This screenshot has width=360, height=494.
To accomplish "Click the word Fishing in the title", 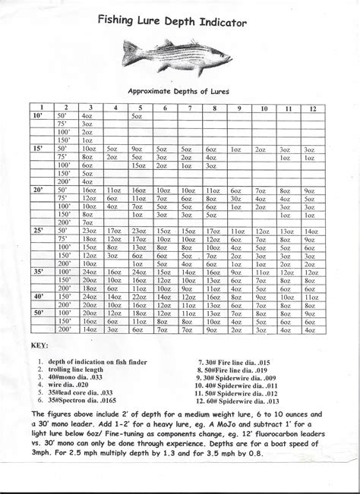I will point(122,23).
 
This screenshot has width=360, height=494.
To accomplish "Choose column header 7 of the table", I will point(186,109).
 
